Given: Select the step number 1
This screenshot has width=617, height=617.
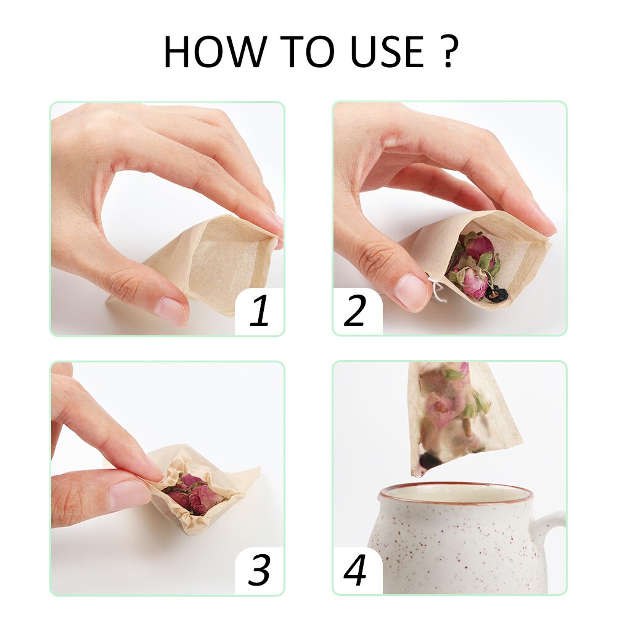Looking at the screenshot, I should [x=259, y=312].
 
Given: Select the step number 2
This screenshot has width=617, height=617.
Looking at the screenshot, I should [x=355, y=312].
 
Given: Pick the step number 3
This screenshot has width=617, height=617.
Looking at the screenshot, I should [x=259, y=571].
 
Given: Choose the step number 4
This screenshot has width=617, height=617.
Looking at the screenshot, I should [x=355, y=571].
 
